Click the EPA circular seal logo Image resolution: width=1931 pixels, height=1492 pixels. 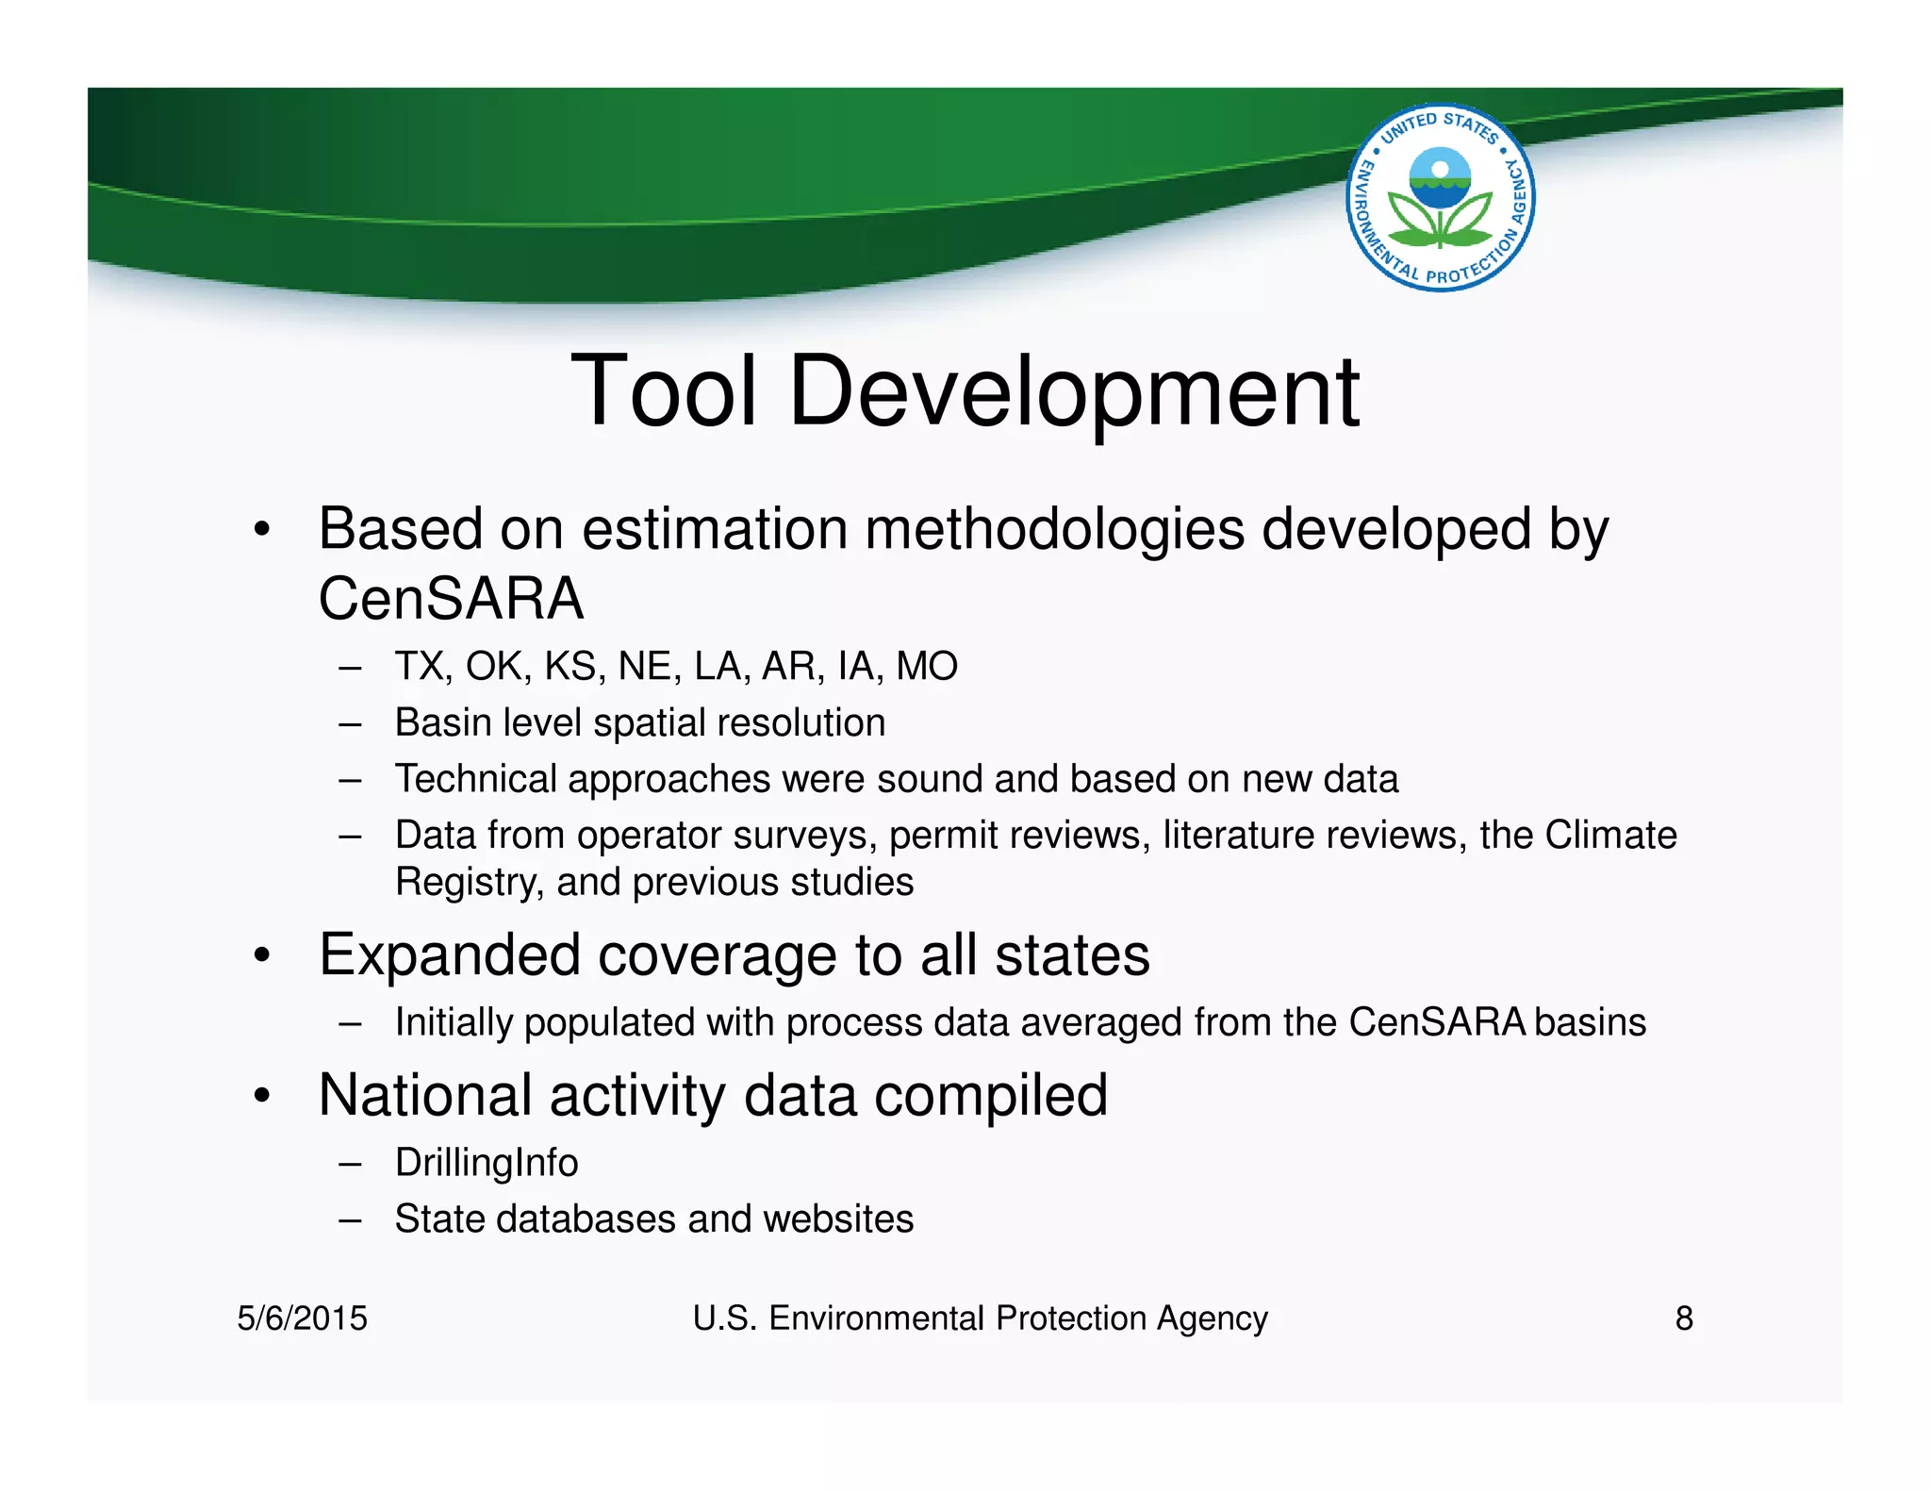click(x=1440, y=197)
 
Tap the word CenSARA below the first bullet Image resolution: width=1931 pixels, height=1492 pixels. click(x=451, y=599)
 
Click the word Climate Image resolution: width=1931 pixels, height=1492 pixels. click(x=1610, y=836)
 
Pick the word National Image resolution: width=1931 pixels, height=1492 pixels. click(x=426, y=1096)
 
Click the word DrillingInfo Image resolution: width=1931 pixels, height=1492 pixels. click(x=487, y=1163)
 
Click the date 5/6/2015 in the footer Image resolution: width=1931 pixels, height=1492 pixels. click(x=302, y=1318)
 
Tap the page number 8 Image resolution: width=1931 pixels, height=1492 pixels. click(x=1683, y=1318)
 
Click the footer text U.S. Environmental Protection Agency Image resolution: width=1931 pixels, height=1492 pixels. click(x=980, y=1318)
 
